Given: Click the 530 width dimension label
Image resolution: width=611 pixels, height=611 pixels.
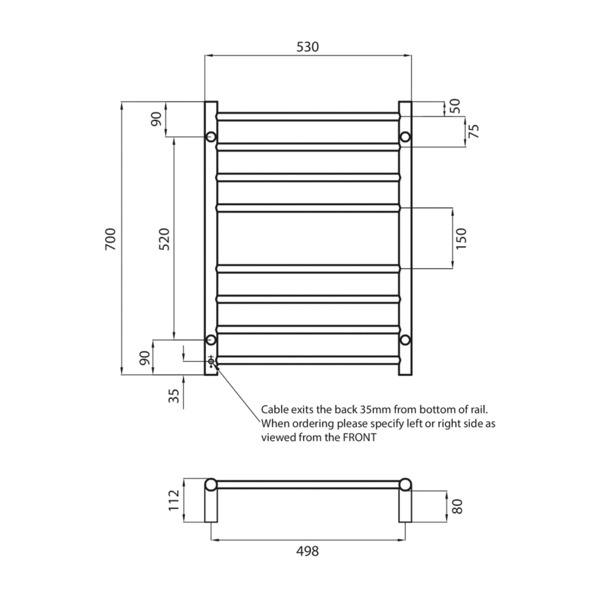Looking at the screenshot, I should tap(307, 47).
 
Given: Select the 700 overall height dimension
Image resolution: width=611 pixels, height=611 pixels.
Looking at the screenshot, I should tap(110, 239).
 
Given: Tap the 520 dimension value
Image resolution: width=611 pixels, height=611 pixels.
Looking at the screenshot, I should tap(164, 239).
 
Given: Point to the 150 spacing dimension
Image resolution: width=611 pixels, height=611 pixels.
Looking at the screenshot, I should tap(461, 238).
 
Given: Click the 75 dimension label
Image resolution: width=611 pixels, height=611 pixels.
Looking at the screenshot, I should tap(474, 131).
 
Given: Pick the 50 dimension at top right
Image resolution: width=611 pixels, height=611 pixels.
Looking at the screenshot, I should tap(455, 106).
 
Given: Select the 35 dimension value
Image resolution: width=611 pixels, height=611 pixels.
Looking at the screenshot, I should tap(174, 396).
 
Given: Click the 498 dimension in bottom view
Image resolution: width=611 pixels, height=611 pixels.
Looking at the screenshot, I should tap(307, 551).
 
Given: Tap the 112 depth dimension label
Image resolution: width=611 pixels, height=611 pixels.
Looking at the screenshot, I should tap(174, 500).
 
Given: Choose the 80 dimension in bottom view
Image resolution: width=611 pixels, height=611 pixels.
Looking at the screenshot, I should tap(457, 506).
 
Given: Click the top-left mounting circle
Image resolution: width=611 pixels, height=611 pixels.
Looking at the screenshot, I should tap(211, 137).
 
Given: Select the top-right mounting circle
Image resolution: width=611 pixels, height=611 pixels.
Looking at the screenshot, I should tap(405, 137).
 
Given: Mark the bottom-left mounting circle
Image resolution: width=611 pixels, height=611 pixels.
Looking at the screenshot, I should tap(211, 339).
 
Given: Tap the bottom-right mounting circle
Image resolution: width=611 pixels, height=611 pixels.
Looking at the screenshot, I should tap(405, 339).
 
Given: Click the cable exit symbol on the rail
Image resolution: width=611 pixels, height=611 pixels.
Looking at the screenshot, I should tap(211, 361).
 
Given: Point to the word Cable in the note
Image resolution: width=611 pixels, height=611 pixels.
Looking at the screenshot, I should tap(275, 409).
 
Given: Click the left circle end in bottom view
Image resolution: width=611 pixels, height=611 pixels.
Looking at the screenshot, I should tap(211, 485).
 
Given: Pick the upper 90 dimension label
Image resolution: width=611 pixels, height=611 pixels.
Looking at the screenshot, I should tap(156, 119).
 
